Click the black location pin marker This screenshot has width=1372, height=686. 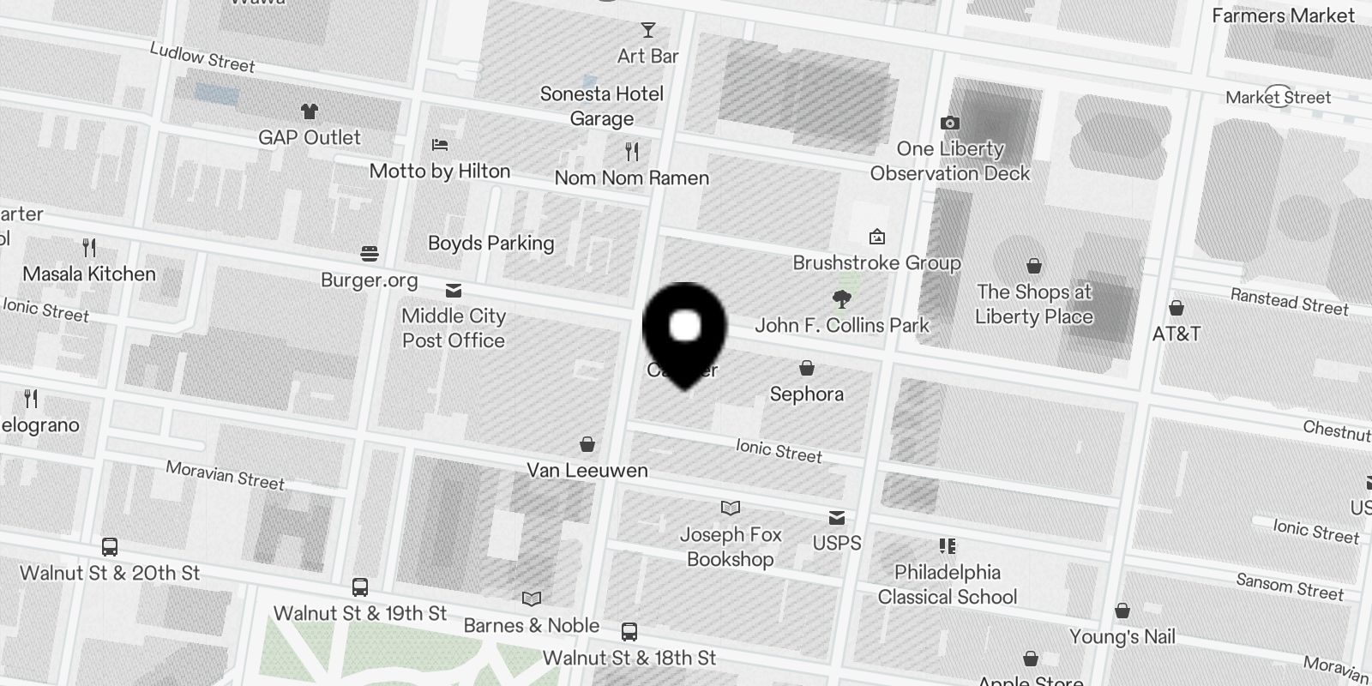[x=684, y=331]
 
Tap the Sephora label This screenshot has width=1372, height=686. [x=806, y=394]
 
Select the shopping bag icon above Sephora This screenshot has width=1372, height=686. [x=806, y=369]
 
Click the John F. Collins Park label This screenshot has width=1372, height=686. [x=842, y=326]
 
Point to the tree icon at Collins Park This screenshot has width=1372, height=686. [x=842, y=299]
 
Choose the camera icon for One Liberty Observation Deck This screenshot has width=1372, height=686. [x=949, y=123]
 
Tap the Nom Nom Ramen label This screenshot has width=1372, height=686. [x=632, y=178]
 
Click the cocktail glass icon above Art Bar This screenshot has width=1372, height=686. [x=648, y=31]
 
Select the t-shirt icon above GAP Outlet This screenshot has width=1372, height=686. [x=310, y=111]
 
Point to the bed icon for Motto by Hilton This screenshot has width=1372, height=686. [x=440, y=145]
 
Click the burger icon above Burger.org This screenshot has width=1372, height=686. [x=370, y=254]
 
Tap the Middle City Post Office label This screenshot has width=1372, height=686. [x=454, y=328]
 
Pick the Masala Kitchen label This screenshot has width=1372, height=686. [x=89, y=274]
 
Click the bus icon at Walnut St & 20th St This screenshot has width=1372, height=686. [x=110, y=547]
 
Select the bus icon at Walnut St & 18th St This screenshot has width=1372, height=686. [x=629, y=633]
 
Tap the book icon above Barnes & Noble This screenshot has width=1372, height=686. [x=532, y=599]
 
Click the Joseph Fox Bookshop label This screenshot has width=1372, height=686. [x=731, y=547]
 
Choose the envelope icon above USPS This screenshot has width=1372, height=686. [x=837, y=518]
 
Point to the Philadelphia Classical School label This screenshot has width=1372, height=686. [x=948, y=585]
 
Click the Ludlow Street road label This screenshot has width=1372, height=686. [x=202, y=57]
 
